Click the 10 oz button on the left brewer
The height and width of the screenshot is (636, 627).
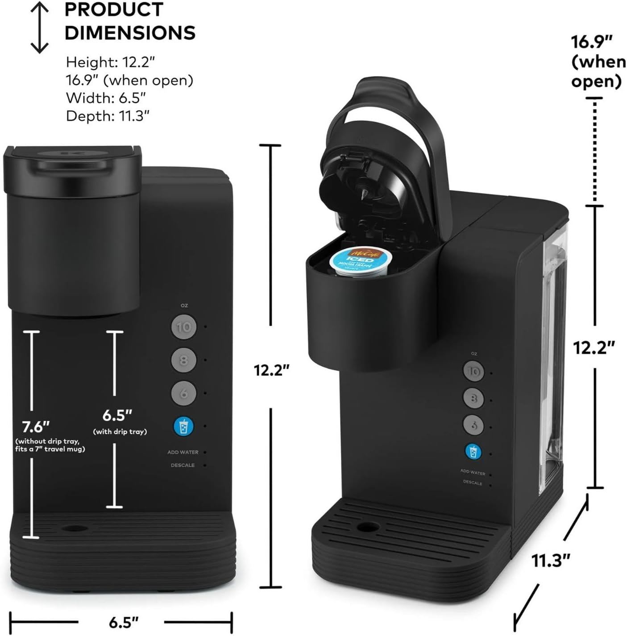point(184,327)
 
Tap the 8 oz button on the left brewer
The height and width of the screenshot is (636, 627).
point(184,360)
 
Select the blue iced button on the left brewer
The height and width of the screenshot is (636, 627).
point(183,426)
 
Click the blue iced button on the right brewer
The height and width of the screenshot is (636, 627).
point(473,451)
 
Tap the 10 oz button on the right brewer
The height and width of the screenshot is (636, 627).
point(473,372)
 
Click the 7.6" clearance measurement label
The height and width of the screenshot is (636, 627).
point(36,427)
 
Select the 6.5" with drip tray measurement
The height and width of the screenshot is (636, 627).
point(117,415)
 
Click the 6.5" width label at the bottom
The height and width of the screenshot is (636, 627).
point(124,622)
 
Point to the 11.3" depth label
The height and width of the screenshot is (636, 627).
point(551,560)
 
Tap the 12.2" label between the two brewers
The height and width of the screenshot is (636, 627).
point(272,370)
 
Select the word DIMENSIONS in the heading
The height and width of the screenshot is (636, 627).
point(130,33)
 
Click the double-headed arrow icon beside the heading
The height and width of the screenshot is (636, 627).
point(40,27)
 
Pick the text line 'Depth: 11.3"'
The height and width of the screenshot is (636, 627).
point(108,116)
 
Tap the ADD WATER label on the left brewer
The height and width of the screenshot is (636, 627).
point(183,452)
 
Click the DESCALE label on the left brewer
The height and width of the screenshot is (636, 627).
point(183,465)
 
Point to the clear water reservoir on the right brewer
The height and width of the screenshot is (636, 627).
point(552,357)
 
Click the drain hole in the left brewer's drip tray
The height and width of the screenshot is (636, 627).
point(75,528)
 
